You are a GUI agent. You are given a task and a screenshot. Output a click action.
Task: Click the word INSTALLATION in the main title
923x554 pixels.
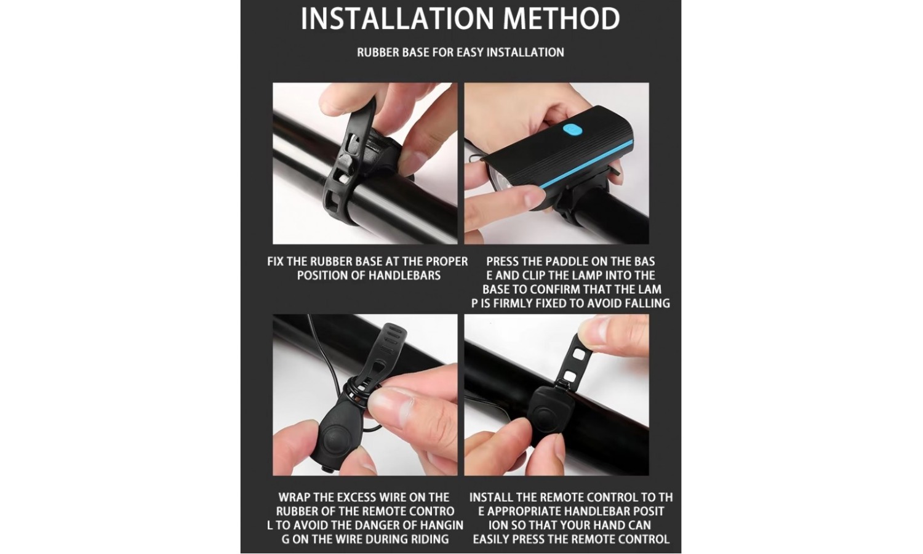tap(398, 18)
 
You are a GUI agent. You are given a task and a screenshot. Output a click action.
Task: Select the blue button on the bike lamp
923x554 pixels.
tap(572, 130)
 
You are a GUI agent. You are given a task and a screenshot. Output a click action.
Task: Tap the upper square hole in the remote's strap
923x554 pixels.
tap(578, 354)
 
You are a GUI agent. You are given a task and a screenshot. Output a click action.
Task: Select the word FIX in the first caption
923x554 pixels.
tap(276, 262)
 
